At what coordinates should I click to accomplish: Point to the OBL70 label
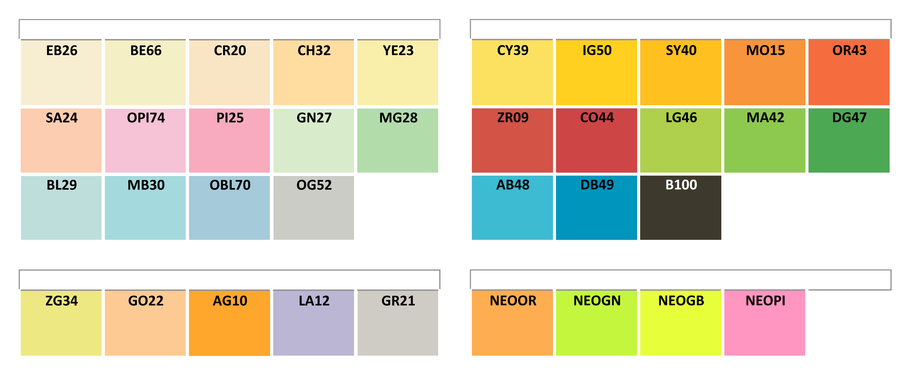[x=230, y=185]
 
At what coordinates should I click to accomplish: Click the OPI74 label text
[x=146, y=118]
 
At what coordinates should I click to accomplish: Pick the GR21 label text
[x=398, y=301]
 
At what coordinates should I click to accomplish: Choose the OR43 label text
[x=849, y=50]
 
